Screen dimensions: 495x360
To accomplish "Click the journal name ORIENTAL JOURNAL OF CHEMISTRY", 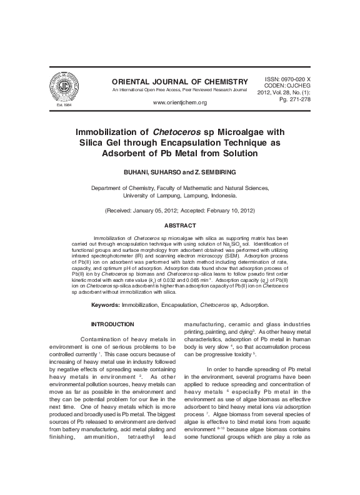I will (x=171, y=82).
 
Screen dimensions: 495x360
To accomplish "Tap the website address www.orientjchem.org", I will (x=179, y=102).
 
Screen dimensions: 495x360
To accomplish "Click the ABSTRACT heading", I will (x=180, y=225).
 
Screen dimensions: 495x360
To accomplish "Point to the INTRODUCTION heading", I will (x=112, y=324).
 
